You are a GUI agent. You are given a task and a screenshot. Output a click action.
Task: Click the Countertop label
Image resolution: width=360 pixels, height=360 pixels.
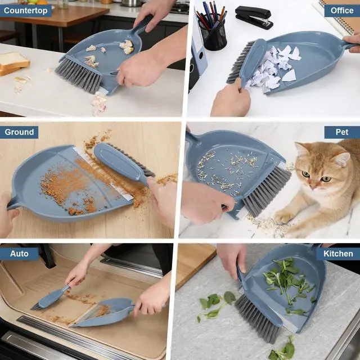point(25,11)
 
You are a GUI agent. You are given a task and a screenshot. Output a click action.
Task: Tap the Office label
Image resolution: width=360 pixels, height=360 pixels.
point(342,11)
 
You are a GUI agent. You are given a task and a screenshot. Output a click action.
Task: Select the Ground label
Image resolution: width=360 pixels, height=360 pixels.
point(19,132)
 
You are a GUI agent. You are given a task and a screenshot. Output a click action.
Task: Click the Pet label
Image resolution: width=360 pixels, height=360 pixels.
point(342,132)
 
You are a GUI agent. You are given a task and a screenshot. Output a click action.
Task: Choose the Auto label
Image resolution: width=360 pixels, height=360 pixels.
point(19,254)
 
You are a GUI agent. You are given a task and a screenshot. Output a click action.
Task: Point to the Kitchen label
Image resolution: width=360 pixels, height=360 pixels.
point(338,254)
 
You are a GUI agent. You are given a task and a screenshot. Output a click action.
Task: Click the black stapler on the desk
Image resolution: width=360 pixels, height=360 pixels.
point(254,17)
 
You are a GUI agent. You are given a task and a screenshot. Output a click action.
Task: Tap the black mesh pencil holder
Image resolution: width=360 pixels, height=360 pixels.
point(213,34)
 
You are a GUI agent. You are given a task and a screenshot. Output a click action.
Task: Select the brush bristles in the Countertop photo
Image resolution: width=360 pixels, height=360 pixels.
point(78,75)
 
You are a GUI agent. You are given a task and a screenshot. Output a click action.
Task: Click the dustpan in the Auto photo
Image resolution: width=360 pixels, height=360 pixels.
point(103,312)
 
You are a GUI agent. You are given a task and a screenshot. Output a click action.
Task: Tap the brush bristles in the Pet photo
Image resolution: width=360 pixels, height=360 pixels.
point(266,191)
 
